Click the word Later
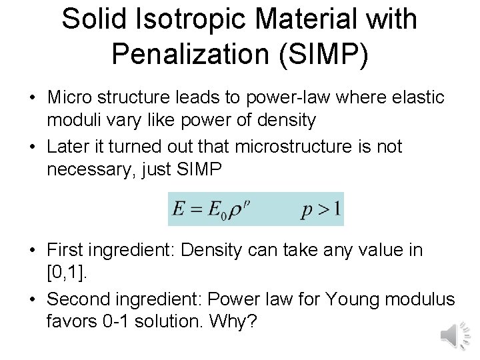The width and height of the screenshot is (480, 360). point(69,147)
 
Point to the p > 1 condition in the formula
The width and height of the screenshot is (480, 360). point(321,211)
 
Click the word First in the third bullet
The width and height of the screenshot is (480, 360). point(65,251)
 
